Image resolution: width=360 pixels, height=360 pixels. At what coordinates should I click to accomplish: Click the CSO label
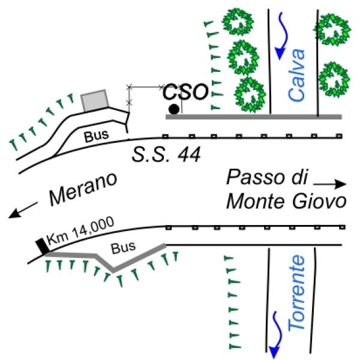coord(185,92)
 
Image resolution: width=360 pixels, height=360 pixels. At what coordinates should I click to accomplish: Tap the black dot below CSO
coord(174,109)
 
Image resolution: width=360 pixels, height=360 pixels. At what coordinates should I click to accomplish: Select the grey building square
coord(95,100)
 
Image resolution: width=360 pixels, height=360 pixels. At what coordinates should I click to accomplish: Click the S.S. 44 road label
coord(166,155)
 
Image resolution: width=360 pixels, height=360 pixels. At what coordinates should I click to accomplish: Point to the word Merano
coord(83,189)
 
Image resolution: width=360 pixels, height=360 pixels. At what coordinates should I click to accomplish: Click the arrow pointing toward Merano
coord(23,210)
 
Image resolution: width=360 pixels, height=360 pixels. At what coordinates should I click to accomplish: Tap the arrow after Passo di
coord(329,184)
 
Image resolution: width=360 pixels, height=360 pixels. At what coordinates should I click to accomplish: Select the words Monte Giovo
coord(286,202)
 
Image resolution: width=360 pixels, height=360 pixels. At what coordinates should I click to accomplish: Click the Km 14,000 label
coord(80,231)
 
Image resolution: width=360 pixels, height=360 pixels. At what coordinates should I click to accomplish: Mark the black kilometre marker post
coord(43,247)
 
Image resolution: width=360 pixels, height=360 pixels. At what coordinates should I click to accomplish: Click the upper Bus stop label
coord(96,136)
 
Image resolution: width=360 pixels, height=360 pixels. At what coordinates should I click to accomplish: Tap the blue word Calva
coord(296,75)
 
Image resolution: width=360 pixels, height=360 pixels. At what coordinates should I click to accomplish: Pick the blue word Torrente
coord(296,293)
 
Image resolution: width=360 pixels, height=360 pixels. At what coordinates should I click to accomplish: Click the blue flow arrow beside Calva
coord(282,36)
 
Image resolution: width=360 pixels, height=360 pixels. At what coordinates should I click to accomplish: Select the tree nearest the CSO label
coord(250,95)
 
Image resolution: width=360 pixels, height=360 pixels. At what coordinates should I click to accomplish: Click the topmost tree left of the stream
coord(238,22)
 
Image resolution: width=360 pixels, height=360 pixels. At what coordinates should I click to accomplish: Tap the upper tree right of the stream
coord(333,30)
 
